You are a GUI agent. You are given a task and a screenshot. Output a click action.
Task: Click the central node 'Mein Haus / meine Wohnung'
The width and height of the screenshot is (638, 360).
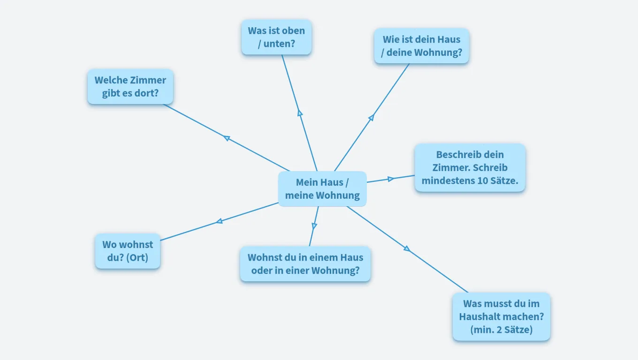(x=322, y=189)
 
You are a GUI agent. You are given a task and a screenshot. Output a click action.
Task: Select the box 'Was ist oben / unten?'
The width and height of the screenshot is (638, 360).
(x=276, y=37)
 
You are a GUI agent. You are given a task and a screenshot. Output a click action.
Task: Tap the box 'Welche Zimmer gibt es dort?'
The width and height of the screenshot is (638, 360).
(x=130, y=87)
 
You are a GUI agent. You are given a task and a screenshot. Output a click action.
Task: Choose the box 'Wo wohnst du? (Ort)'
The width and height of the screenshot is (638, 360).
(x=128, y=251)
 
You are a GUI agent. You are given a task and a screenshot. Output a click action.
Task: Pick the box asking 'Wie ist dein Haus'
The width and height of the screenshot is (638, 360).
(x=421, y=46)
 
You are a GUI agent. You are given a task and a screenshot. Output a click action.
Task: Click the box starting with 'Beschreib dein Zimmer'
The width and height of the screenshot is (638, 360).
(x=470, y=168)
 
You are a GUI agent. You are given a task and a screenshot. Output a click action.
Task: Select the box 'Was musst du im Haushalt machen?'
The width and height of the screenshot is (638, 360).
(x=501, y=316)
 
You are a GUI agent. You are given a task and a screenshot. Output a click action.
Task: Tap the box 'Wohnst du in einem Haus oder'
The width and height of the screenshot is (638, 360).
(x=305, y=264)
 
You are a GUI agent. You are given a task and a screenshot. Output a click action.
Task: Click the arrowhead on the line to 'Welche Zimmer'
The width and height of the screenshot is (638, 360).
(x=227, y=138)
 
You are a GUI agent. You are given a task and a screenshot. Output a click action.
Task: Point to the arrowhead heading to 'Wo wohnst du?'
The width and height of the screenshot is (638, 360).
(x=219, y=221)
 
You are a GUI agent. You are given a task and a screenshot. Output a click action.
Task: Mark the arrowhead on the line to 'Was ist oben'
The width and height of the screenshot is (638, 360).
(x=300, y=113)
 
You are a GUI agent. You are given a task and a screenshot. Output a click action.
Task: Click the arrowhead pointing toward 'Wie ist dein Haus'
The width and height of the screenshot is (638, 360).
(x=371, y=118)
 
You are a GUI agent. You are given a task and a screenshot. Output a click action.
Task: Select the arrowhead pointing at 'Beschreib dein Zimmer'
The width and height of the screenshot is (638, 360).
(x=390, y=179)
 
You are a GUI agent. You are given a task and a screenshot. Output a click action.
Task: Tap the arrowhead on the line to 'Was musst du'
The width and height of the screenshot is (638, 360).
(x=407, y=248)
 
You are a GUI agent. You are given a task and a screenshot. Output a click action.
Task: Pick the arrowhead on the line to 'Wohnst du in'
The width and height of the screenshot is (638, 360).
(x=314, y=226)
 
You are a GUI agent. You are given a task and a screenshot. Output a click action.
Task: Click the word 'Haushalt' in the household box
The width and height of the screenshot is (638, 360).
(x=480, y=316)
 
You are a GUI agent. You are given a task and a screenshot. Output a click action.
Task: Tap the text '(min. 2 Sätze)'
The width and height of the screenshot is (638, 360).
(x=501, y=330)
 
